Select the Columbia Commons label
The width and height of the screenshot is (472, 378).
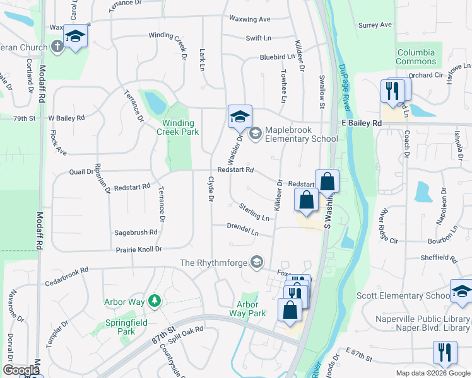pyautogui.click(x=416, y=57)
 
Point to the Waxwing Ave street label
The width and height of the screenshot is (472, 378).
pyautogui.click(x=250, y=19)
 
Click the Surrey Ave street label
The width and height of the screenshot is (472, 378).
pyautogui.click(x=375, y=25)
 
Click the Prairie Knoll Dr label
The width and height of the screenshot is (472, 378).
pyautogui.click(x=139, y=250)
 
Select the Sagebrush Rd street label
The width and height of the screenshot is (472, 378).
pyautogui.click(x=135, y=232)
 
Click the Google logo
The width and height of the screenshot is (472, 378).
pyautogui.click(x=21, y=370)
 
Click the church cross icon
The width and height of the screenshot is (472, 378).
pyautogui.click(x=57, y=47)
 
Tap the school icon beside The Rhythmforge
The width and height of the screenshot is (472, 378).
pyautogui.click(x=256, y=261)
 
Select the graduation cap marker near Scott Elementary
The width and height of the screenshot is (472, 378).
pyautogui.click(x=461, y=291)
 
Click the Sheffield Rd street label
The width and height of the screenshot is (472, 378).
pyautogui.click(x=439, y=258)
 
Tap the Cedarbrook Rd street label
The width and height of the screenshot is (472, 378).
pyautogui.click(x=66, y=270)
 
